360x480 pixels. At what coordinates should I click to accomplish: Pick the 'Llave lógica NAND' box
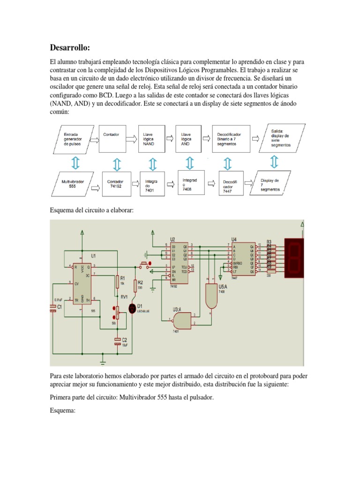[x=152, y=139]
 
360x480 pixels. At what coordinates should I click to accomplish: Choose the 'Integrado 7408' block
[x=190, y=184]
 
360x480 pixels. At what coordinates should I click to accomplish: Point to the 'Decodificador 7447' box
[x=230, y=185]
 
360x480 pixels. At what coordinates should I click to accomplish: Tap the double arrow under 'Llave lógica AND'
[x=189, y=163]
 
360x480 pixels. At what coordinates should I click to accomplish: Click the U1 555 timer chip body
[x=85, y=283]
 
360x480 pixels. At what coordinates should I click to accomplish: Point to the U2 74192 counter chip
[x=178, y=263]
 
